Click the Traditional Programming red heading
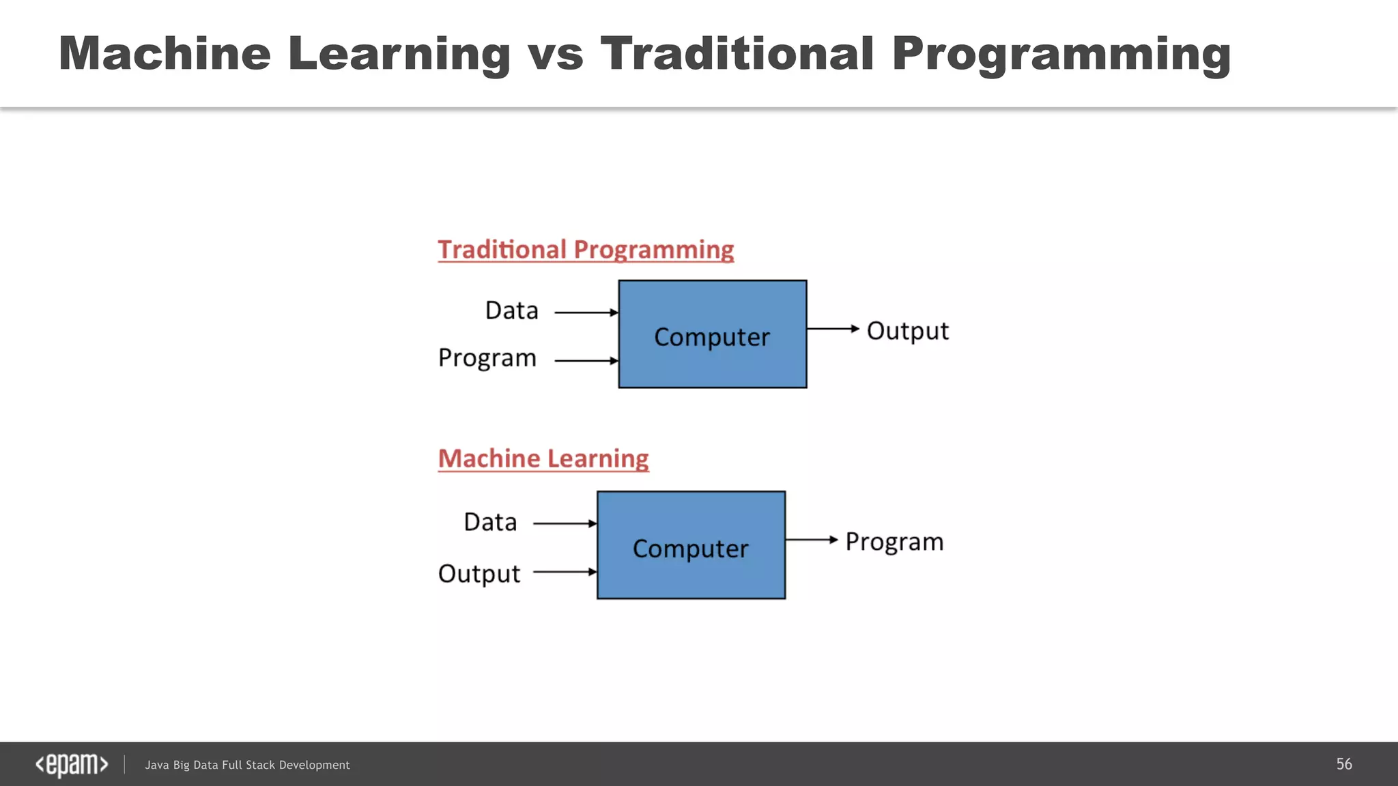pos(586,250)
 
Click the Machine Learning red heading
pos(543,458)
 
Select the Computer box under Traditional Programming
pos(712,334)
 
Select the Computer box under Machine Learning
pos(691,546)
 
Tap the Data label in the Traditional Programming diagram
pos(512,310)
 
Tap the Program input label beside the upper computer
pos(487,358)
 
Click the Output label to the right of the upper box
pos(907,331)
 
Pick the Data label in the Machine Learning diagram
pos(490,522)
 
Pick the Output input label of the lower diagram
pos(479,573)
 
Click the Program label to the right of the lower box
pos(894,542)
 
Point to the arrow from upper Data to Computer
pos(586,312)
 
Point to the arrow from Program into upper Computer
pos(586,360)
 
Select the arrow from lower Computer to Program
pos(811,540)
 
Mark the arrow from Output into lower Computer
pos(565,572)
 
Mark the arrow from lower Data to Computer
pos(565,523)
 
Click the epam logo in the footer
pos(72,764)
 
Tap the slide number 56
pos(1343,764)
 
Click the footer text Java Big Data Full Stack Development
pos(247,765)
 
